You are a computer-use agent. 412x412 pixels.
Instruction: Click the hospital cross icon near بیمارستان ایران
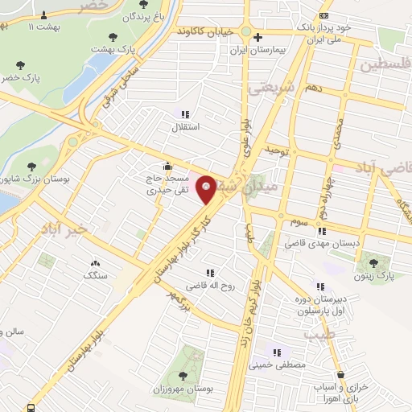[257, 36]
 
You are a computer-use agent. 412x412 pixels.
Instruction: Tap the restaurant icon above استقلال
[185, 114]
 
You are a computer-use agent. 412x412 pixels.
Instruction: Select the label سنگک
[95, 275]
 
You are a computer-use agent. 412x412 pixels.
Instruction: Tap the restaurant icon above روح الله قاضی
[210, 273]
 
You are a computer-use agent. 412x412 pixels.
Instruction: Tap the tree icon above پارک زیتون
[371, 261]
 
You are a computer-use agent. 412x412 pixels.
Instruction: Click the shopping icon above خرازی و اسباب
[341, 374]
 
